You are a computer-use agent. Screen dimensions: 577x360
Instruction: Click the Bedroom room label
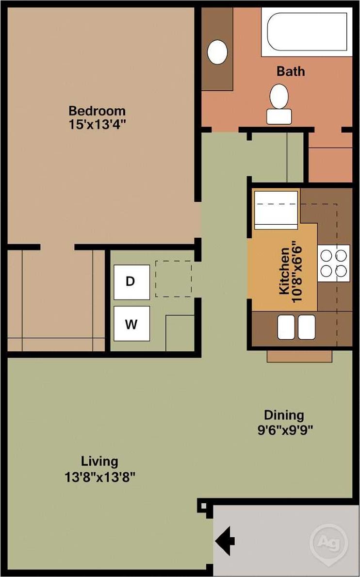click(97, 110)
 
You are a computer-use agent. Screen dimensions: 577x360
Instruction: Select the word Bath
click(291, 71)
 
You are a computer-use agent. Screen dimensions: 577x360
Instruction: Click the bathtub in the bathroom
click(307, 32)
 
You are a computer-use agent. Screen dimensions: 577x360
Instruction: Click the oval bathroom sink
click(217, 51)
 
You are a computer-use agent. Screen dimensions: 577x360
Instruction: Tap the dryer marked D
click(131, 282)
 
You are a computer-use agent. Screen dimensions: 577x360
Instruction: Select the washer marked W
click(131, 324)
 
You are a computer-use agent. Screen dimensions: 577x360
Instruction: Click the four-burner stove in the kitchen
click(334, 263)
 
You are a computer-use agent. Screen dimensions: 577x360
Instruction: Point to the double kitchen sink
click(296, 327)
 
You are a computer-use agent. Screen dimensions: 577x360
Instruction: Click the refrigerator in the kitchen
click(276, 210)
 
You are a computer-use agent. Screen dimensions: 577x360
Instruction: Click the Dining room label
click(284, 415)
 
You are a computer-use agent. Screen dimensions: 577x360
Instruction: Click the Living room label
click(99, 461)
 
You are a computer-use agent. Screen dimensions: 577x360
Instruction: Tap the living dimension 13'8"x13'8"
click(99, 477)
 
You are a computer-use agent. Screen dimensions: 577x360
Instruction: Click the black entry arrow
click(225, 540)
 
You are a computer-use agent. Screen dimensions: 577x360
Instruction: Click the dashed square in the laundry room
click(174, 279)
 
